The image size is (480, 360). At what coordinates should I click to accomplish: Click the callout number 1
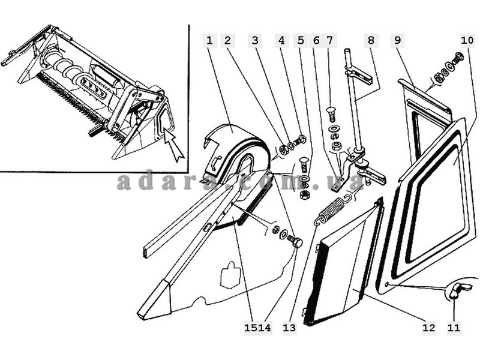click(x=209, y=40)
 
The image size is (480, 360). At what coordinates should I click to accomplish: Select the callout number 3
click(x=254, y=40)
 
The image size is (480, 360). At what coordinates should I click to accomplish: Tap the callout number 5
click(x=301, y=40)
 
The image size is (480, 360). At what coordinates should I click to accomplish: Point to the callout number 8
click(x=371, y=40)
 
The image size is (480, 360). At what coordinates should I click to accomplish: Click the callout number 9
click(x=397, y=40)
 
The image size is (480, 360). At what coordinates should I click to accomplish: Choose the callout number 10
click(x=467, y=40)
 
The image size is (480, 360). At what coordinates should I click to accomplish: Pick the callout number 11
click(x=454, y=328)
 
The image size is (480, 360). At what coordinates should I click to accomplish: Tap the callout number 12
click(x=428, y=328)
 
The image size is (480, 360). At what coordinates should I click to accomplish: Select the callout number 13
click(x=289, y=328)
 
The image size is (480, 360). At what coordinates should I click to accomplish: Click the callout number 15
click(x=251, y=328)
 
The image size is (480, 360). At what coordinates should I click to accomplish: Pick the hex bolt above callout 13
click(x=295, y=242)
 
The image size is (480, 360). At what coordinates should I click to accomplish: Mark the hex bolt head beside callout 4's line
click(x=300, y=140)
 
